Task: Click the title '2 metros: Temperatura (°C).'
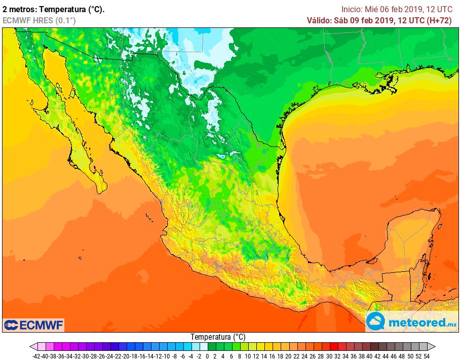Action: coord(54,9)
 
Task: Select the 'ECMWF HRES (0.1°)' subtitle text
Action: coord(39,20)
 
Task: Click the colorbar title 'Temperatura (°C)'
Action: coord(218,337)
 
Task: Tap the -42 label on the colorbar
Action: coord(36,356)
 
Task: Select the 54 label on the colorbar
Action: coord(427,356)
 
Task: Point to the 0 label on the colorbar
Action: coord(207,356)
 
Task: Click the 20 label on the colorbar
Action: coord(289,356)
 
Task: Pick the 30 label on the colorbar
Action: coord(329,356)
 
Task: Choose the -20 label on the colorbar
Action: coord(126,356)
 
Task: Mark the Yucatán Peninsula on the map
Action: coord(410,238)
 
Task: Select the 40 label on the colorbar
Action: coord(370,356)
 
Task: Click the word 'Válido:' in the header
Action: coord(319,20)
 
